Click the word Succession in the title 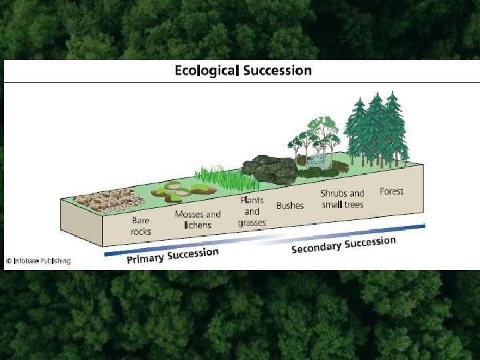(277, 70)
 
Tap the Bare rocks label (141, 225)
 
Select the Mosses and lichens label (197, 219)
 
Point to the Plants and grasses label (252, 211)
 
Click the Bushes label (290, 205)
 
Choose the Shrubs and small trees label (342, 199)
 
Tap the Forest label (392, 191)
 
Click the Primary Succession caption (173, 255)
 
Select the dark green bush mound (269, 171)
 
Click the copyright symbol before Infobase (9, 261)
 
